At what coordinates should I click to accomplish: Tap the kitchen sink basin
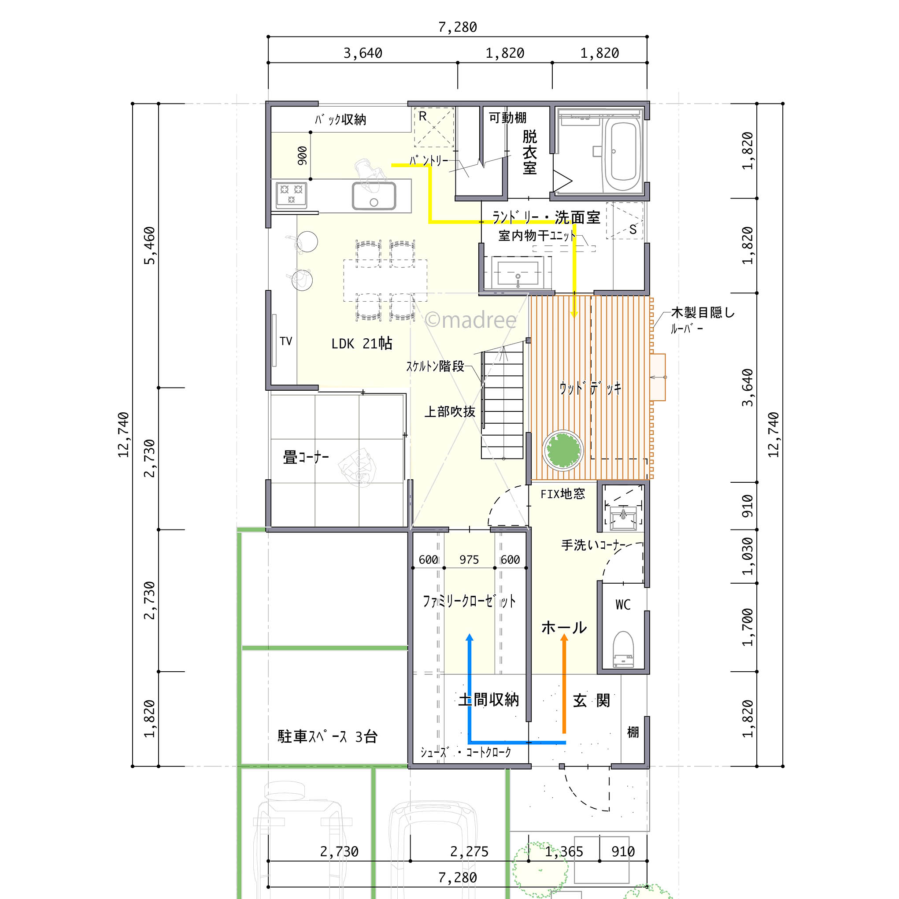(x=374, y=196)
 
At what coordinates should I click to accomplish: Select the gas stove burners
(x=291, y=194)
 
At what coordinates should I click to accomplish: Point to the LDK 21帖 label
(x=362, y=344)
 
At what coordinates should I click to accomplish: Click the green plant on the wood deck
(x=563, y=451)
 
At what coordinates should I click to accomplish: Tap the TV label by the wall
(x=286, y=341)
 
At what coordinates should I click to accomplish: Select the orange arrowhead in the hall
(x=564, y=638)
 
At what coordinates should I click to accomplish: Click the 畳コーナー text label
(x=306, y=457)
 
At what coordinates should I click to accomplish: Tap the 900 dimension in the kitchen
(x=303, y=156)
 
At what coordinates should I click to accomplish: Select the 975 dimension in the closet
(x=469, y=560)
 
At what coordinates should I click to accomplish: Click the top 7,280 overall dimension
(x=457, y=27)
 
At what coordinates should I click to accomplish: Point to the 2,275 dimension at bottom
(x=469, y=851)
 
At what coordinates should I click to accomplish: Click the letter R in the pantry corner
(x=422, y=116)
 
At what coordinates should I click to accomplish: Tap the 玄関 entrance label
(x=591, y=700)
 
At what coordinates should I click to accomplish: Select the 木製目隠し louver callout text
(x=702, y=313)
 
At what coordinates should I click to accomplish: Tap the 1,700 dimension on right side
(x=747, y=627)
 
